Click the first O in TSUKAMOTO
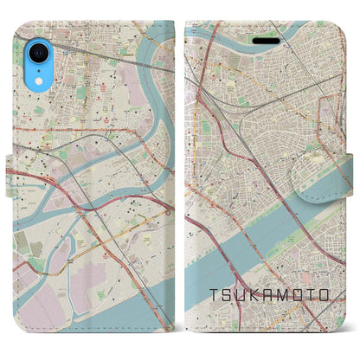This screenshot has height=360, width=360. click(x=299, y=296)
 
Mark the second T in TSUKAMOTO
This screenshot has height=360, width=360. click(x=312, y=296)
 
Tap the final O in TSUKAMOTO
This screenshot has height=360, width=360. click(x=326, y=296)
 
